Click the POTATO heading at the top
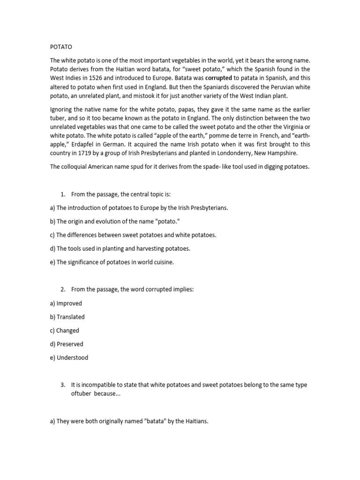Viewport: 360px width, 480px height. click(x=61, y=47)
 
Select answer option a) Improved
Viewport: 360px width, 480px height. click(x=66, y=303)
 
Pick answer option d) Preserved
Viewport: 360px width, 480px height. click(x=67, y=344)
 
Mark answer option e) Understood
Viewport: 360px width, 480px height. click(x=69, y=358)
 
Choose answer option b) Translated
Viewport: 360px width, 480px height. click(x=67, y=317)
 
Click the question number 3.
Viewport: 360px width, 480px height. click(x=63, y=385)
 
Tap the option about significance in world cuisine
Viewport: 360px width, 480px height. click(x=112, y=262)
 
